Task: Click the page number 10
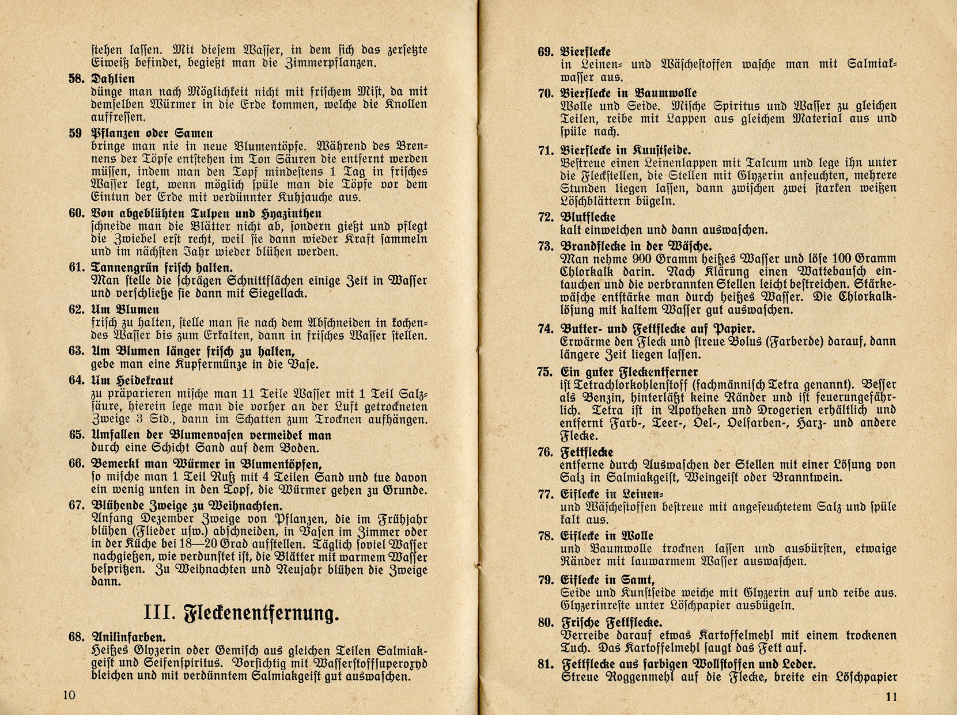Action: click(69, 695)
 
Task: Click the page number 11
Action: click(891, 697)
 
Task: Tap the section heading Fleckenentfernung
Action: click(261, 614)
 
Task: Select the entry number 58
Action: click(77, 79)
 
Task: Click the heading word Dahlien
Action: click(113, 79)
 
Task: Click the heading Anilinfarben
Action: click(128, 637)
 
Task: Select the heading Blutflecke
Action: click(588, 218)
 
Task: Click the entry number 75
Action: click(546, 372)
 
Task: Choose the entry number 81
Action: click(546, 664)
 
